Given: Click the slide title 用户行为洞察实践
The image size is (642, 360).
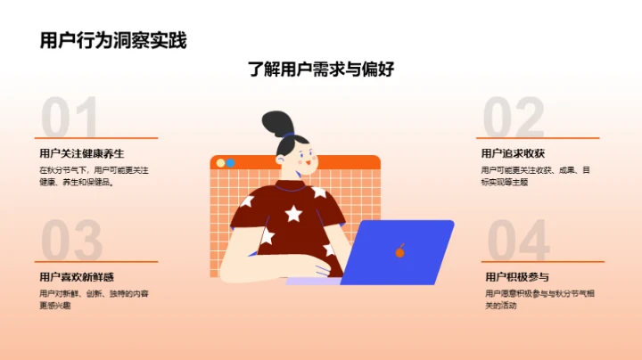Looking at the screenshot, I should pos(113,40).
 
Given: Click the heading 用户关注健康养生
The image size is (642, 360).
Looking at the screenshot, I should pos(81,152).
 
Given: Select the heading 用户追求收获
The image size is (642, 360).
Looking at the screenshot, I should pos(513,152).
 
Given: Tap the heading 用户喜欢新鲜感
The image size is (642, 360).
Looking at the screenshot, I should pos(77,277).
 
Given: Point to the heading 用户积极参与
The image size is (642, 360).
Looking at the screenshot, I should pos(517,277).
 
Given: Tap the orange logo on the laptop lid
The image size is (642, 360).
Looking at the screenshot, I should pos(399,251).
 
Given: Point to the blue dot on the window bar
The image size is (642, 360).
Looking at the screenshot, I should pos(230,163).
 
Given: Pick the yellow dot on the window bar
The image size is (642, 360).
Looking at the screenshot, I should pos(219,163).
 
